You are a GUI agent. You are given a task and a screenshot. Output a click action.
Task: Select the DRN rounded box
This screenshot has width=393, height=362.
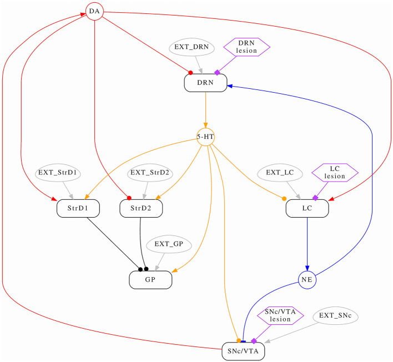(205, 83)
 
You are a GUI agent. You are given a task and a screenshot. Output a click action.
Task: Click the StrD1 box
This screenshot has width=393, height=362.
(78, 208)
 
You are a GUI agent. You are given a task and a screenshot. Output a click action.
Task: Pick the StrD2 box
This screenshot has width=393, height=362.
(141, 208)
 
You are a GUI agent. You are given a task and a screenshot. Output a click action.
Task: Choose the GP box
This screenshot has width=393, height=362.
(150, 280)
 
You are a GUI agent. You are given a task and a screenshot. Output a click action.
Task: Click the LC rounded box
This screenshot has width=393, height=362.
(308, 208)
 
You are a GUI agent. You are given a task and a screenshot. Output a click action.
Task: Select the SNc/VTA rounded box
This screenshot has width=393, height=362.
(243, 351)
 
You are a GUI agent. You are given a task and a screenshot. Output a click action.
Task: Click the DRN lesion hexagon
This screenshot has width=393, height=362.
(246, 47)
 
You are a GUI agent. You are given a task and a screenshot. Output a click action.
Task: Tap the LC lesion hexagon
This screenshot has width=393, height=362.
(335, 173)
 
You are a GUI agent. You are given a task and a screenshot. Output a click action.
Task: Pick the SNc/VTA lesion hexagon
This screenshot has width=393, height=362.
(280, 315)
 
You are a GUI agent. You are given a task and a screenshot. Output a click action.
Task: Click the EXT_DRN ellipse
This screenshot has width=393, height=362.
(192, 47)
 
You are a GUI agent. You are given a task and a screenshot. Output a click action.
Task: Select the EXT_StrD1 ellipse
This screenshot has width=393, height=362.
(58, 173)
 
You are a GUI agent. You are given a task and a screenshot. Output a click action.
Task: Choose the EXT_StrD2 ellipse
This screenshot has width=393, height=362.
(150, 173)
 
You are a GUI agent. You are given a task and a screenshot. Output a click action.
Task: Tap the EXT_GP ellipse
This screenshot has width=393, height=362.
(169, 244)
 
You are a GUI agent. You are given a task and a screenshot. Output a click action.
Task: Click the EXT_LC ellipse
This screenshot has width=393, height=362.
(280, 173)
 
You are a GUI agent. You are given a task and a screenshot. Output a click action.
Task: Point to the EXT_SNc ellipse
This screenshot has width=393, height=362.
(336, 315)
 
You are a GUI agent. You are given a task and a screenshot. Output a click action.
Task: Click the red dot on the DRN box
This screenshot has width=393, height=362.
(190, 73)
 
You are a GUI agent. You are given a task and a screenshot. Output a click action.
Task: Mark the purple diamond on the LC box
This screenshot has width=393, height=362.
(315, 198)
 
